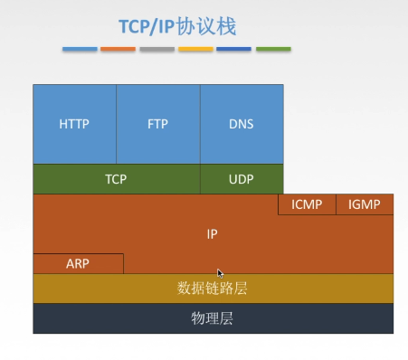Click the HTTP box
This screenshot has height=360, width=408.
coord(75,124)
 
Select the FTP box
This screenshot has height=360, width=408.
coord(158,124)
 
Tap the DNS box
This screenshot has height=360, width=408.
coord(242,124)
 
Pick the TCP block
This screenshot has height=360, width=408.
coord(117,179)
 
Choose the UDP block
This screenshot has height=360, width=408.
coord(242,179)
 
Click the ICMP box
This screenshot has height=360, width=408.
coord(307,204)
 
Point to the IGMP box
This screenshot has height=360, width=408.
coord(365,204)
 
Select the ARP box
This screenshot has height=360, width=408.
coord(78,264)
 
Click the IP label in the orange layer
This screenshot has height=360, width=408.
coord(212,234)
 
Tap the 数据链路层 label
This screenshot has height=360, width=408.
coord(212,289)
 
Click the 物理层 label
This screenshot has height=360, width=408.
coord(212,318)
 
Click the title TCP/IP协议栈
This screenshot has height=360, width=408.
coord(177,26)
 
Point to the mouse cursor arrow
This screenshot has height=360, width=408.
coord(220,273)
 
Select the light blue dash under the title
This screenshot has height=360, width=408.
coord(80,49)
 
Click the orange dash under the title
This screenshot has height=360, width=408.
coord(118,49)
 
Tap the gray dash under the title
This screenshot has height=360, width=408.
coord(157,49)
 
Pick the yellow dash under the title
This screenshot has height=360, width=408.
coord(195,49)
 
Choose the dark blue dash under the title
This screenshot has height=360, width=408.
coord(233,49)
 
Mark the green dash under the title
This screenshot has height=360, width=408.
coord(273,49)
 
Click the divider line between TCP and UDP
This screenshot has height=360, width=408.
coord(200,179)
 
